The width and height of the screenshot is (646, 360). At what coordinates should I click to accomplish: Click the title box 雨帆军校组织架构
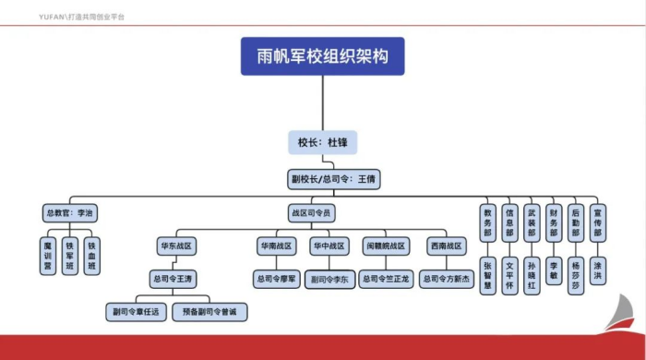pyautogui.click(x=323, y=55)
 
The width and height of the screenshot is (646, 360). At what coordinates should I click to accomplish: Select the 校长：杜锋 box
pyautogui.click(x=322, y=143)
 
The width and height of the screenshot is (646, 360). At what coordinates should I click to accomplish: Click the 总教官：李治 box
pyautogui.click(x=69, y=212)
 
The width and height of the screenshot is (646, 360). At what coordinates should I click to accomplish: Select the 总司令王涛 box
pyautogui.click(x=174, y=278)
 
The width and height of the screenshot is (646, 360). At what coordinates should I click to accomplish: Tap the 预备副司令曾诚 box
pyautogui.click(x=209, y=312)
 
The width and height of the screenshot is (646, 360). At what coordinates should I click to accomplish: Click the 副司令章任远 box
pyautogui.click(x=134, y=312)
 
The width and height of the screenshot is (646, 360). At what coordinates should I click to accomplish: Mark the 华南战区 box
pyautogui.click(x=276, y=246)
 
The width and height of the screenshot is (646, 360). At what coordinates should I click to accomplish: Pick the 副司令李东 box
pyautogui.click(x=329, y=279)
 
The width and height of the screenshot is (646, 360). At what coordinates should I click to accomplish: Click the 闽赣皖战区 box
pyautogui.click(x=385, y=246)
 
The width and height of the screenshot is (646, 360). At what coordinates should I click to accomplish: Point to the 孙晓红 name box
pyautogui.click(x=531, y=275)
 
